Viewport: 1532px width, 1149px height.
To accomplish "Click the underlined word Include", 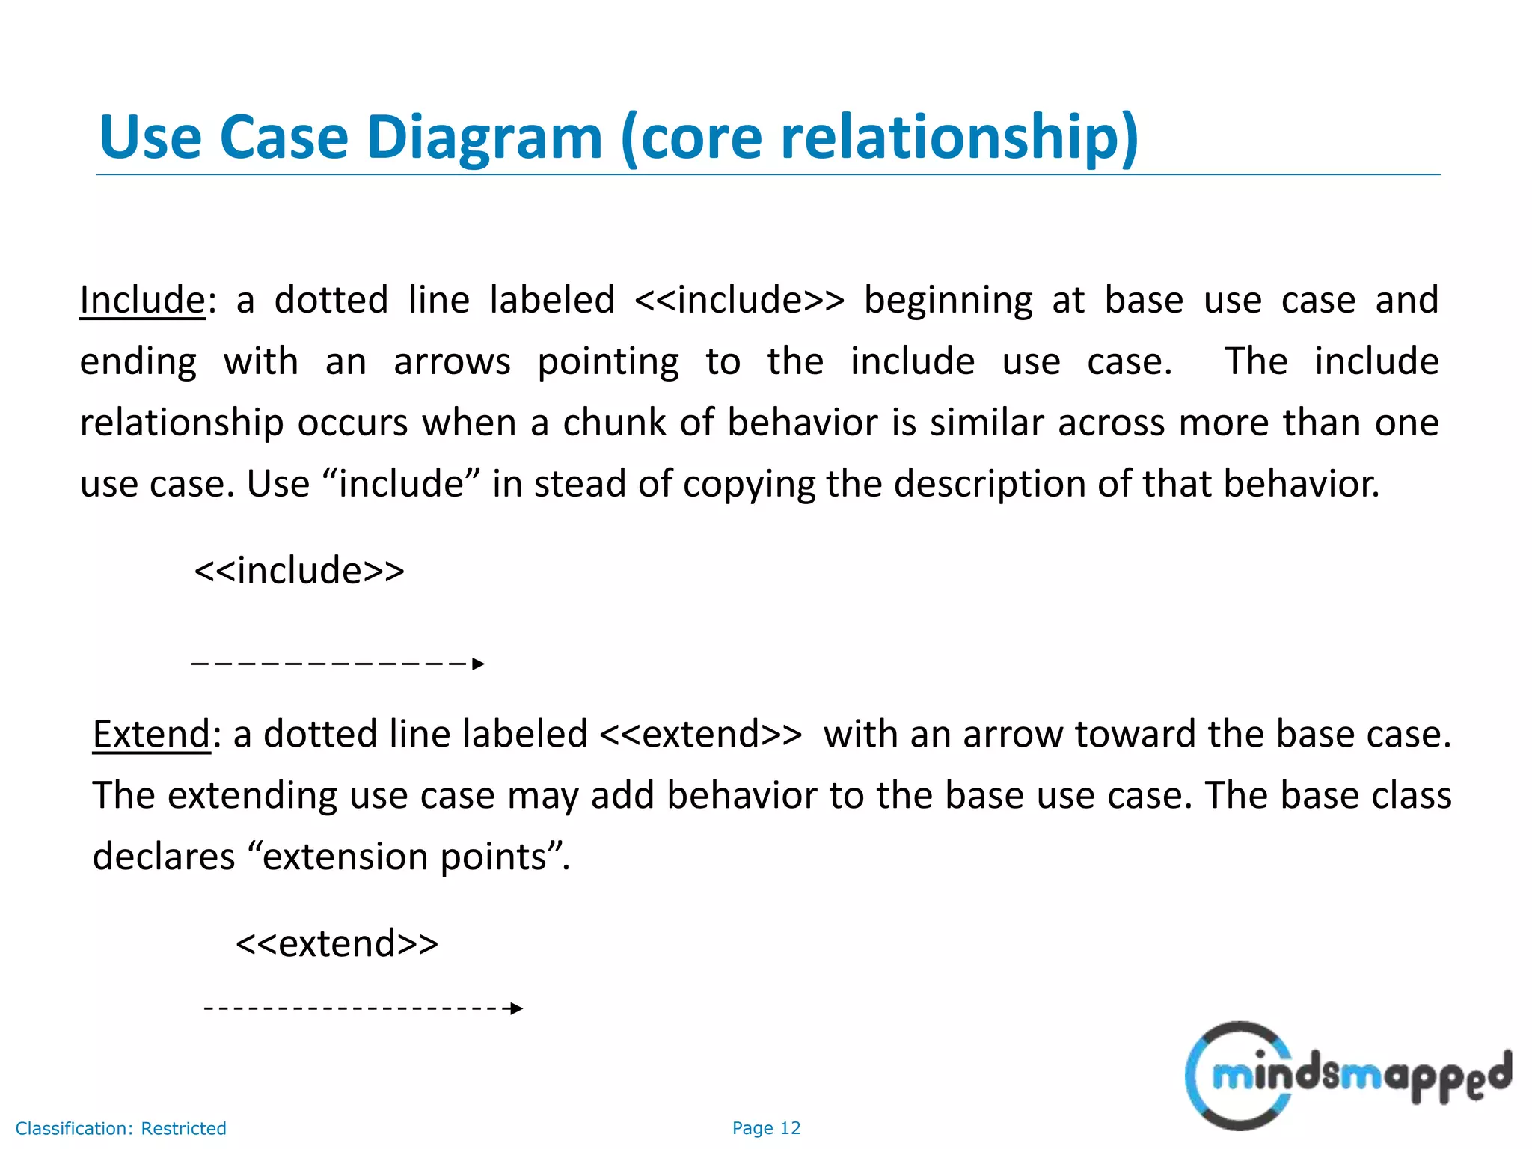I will (142, 301).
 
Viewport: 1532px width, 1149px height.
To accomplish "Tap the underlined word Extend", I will (151, 735).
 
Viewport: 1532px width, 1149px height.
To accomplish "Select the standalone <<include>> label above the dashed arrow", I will (299, 571).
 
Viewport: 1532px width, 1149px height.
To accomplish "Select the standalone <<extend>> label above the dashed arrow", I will (337, 943).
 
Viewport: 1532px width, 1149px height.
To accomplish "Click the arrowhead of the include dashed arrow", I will (479, 664).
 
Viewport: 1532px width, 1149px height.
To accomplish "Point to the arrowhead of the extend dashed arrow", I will (516, 1008).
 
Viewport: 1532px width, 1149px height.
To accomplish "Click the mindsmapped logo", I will (1346, 1076).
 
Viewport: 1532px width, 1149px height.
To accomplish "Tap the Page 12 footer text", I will (766, 1128).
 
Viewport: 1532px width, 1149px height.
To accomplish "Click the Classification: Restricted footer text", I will (121, 1128).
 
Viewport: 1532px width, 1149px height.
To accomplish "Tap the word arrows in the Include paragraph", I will (452, 362).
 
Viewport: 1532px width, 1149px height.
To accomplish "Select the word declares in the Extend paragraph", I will (163, 857).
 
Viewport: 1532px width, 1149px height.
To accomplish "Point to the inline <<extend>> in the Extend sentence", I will (701, 735).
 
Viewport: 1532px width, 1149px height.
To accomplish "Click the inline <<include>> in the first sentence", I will (739, 301).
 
